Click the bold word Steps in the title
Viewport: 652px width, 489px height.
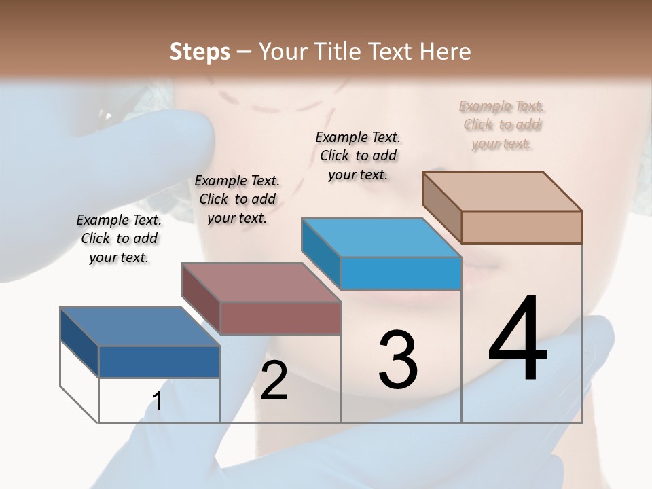point(200,52)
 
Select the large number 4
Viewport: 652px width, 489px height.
point(518,340)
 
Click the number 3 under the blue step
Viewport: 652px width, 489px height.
point(398,360)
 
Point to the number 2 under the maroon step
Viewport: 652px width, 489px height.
point(274,380)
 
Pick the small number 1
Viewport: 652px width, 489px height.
point(158,401)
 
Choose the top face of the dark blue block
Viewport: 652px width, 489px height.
point(140,327)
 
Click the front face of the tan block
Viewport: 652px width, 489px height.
point(522,227)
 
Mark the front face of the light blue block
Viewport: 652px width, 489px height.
point(401,273)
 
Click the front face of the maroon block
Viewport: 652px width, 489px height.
point(280,318)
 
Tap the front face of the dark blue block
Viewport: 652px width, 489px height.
point(159,361)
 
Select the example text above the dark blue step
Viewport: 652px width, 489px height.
point(119,238)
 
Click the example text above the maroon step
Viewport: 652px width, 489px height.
point(237,199)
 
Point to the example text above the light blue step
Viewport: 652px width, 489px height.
point(358,156)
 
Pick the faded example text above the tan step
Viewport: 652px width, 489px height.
point(501,124)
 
